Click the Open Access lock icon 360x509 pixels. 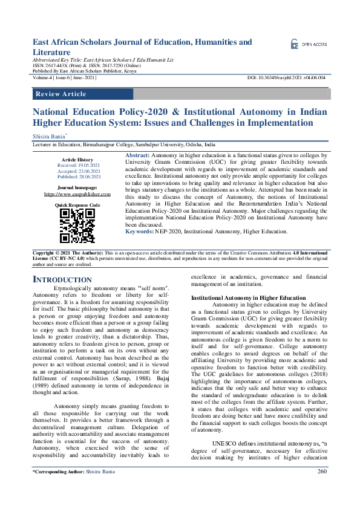click(294, 44)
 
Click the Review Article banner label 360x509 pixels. click(61, 94)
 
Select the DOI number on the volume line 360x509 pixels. click(286, 78)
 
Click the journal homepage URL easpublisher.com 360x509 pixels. click(77, 195)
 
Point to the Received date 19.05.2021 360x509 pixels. click(78, 165)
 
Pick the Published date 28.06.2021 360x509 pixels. click(78, 177)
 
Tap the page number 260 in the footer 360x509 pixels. click(321, 488)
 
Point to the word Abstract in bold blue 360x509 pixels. click(137, 156)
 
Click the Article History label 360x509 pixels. click(77, 159)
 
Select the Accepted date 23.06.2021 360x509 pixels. click(78, 171)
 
